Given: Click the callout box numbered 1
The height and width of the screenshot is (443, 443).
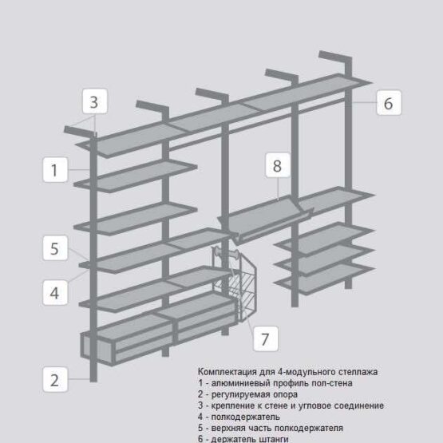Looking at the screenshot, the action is [55, 169].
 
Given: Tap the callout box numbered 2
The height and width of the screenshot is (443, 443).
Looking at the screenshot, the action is [55, 379].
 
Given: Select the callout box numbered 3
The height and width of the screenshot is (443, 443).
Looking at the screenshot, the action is [95, 101].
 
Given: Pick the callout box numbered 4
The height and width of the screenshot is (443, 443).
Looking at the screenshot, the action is [55, 293].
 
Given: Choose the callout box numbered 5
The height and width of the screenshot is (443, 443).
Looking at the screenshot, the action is [55, 248].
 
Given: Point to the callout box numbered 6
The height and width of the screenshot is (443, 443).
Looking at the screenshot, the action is [389, 102].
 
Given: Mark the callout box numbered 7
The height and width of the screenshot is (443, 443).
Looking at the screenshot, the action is [266, 338].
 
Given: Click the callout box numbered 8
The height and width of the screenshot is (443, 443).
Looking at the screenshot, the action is [278, 165].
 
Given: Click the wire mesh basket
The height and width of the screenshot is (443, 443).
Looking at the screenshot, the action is [235, 283].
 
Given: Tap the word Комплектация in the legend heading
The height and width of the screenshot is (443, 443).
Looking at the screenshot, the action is [227, 372].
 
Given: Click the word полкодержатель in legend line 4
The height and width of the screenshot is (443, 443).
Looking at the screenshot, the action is [246, 417].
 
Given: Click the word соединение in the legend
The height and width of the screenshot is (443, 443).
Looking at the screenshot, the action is [359, 405].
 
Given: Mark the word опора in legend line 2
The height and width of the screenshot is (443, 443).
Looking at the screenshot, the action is [285, 394].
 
